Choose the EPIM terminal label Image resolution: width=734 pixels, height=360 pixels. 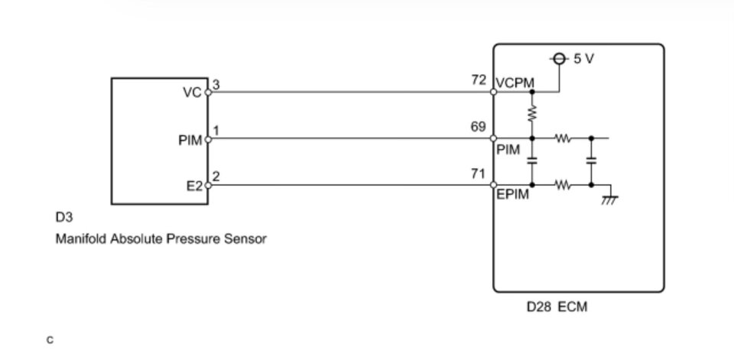(x=512, y=195)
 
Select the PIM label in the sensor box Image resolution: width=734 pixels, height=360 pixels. (x=189, y=140)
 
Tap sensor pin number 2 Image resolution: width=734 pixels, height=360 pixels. (x=216, y=177)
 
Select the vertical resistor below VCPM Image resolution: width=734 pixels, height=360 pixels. (x=533, y=113)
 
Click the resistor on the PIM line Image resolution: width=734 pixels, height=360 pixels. (x=563, y=139)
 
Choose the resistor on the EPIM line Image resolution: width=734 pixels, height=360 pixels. (x=563, y=184)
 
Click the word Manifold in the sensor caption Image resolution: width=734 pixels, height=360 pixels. (x=79, y=239)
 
